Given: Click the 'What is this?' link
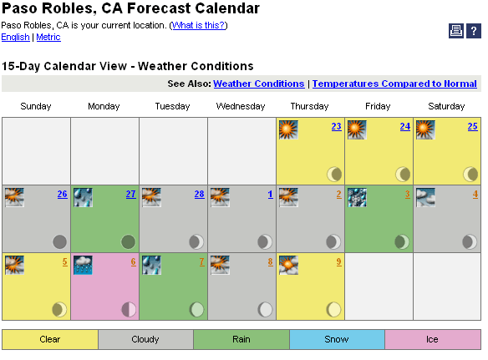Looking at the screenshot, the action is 198,25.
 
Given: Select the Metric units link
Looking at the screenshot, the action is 48,37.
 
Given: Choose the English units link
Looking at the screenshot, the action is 15,37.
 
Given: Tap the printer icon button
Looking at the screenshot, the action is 456,31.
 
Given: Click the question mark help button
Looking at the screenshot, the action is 473,31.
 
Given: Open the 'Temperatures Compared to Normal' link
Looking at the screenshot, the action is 394,84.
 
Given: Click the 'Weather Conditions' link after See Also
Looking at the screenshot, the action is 259,84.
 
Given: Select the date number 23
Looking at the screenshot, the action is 336,126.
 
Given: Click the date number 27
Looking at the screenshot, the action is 130,194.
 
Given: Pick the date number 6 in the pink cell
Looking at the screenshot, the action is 133,261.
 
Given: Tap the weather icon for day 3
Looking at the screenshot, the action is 357,198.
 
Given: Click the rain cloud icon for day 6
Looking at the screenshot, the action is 83,265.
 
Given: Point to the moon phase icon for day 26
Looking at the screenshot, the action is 59,241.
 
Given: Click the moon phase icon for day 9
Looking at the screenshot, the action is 333,310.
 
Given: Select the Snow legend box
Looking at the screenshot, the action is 337,339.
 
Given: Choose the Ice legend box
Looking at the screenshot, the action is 433,339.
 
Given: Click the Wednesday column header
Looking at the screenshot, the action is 241,106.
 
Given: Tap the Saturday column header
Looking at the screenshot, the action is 446,106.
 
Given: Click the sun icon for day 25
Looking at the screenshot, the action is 425,129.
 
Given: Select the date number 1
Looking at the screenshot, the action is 270,194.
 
